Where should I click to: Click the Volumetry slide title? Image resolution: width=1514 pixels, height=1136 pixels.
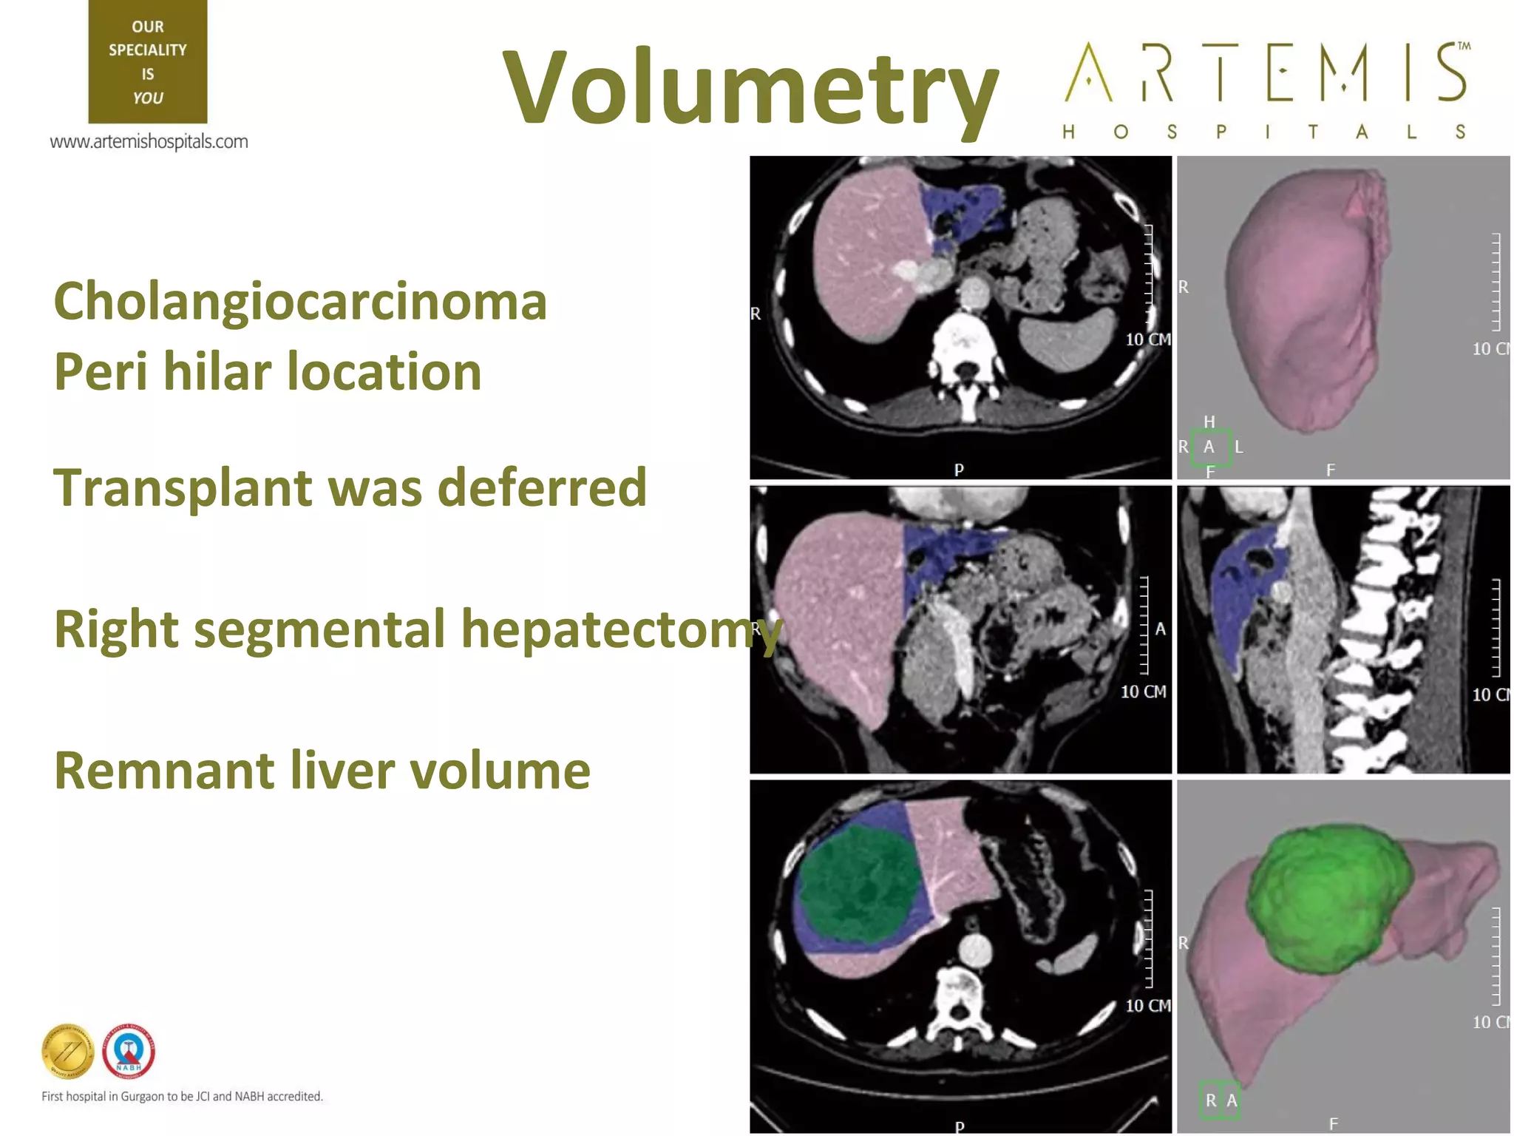click(x=750, y=87)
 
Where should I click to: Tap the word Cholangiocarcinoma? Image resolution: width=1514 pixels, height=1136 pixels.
click(x=300, y=302)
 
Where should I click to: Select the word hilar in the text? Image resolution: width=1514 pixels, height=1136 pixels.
click(x=217, y=371)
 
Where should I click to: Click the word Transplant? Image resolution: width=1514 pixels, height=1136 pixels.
click(x=183, y=488)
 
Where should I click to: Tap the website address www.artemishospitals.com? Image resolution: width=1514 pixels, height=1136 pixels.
click(x=149, y=141)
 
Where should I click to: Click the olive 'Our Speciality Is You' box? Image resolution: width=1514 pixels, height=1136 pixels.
click(x=148, y=62)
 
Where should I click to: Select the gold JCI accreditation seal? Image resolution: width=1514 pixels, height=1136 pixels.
click(x=67, y=1051)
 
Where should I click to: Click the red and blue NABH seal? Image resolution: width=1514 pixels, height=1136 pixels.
click(x=129, y=1051)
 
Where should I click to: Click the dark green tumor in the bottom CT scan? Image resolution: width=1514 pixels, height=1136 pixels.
click(x=858, y=884)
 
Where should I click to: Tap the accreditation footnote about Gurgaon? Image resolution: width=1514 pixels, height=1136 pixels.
click(x=182, y=1096)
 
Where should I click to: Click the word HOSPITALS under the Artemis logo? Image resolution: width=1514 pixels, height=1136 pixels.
click(x=1264, y=132)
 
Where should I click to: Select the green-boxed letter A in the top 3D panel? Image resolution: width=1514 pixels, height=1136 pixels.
click(x=1209, y=447)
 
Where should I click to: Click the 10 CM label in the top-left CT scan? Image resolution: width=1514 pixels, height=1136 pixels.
click(x=1147, y=339)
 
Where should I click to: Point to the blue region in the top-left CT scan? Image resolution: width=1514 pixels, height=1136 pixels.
click(x=961, y=207)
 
